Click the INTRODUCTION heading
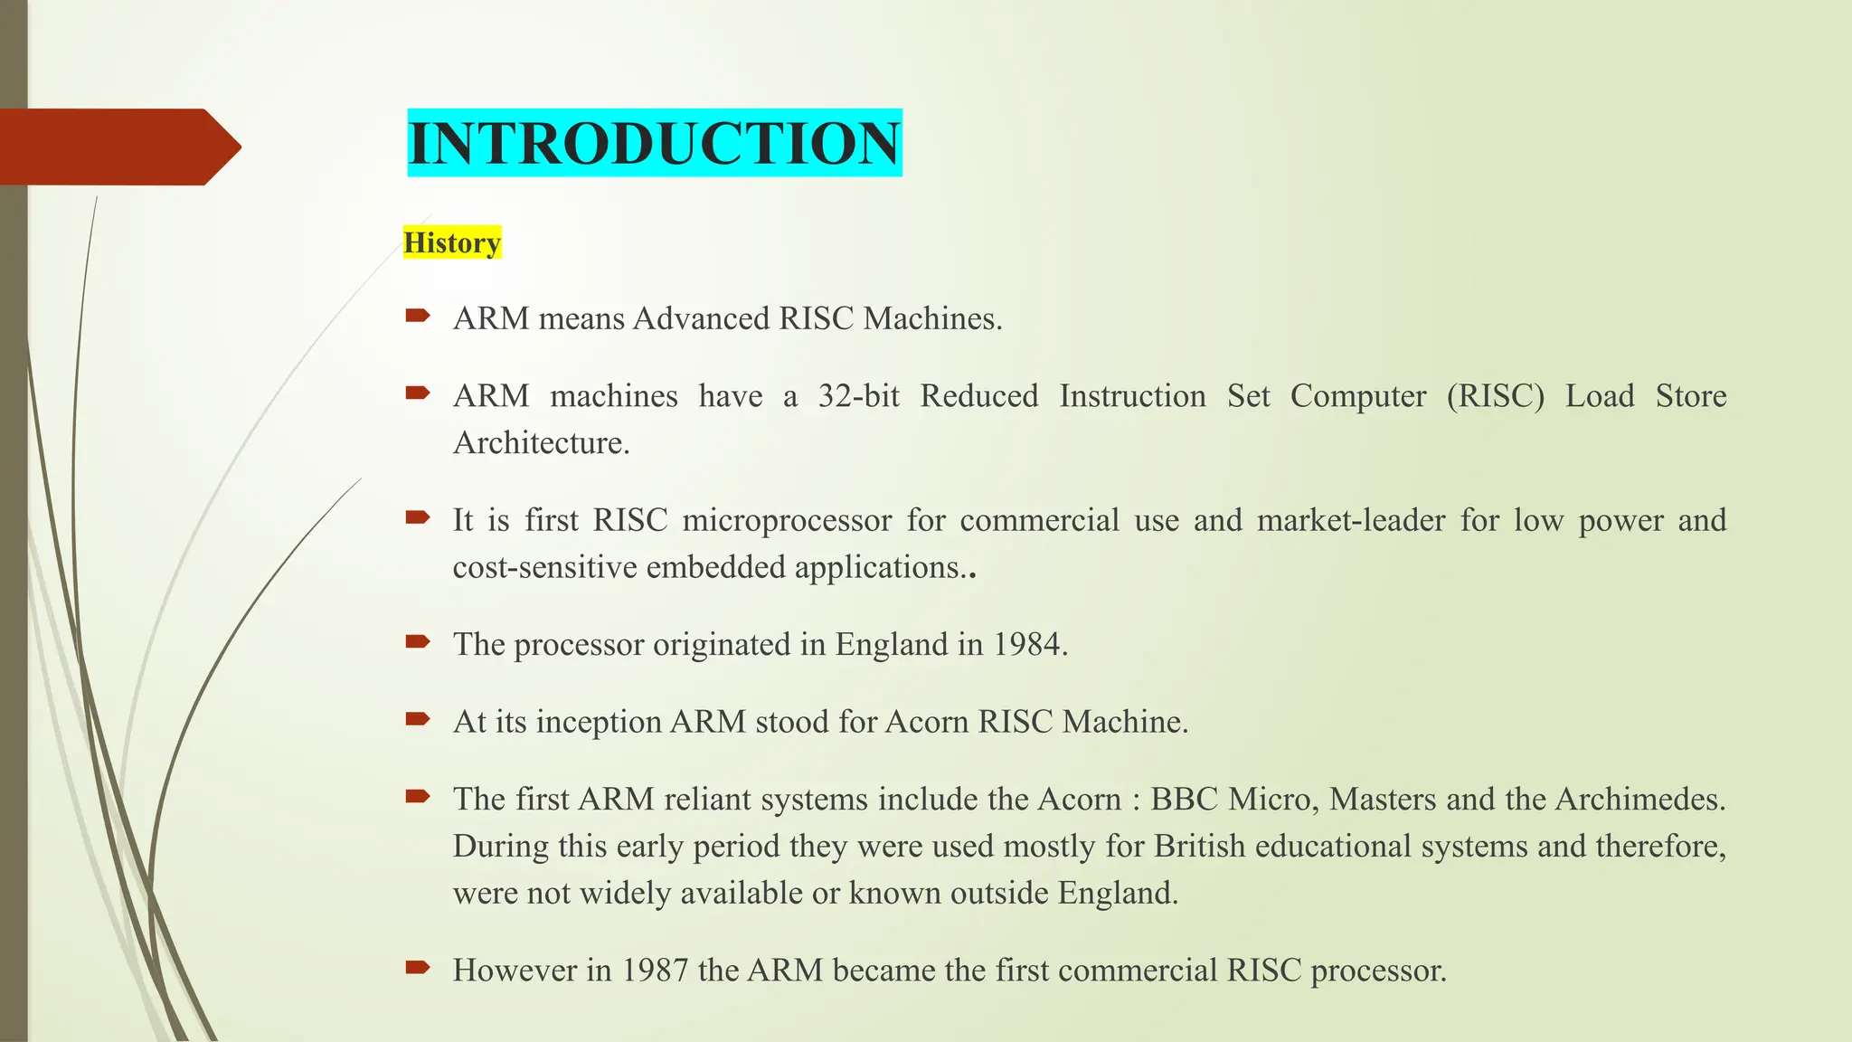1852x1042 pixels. click(654, 143)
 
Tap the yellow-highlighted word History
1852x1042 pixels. click(452, 242)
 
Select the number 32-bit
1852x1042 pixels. click(858, 396)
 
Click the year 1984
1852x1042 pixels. click(1026, 644)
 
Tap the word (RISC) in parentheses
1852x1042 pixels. click(1496, 396)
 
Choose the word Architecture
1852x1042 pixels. click(541, 443)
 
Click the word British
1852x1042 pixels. click(1199, 846)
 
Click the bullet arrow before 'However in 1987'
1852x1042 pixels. click(418, 968)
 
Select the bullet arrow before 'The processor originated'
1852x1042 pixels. click(418, 642)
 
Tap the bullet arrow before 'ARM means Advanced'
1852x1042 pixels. click(418, 317)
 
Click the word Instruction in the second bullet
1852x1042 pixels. click(1132, 396)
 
